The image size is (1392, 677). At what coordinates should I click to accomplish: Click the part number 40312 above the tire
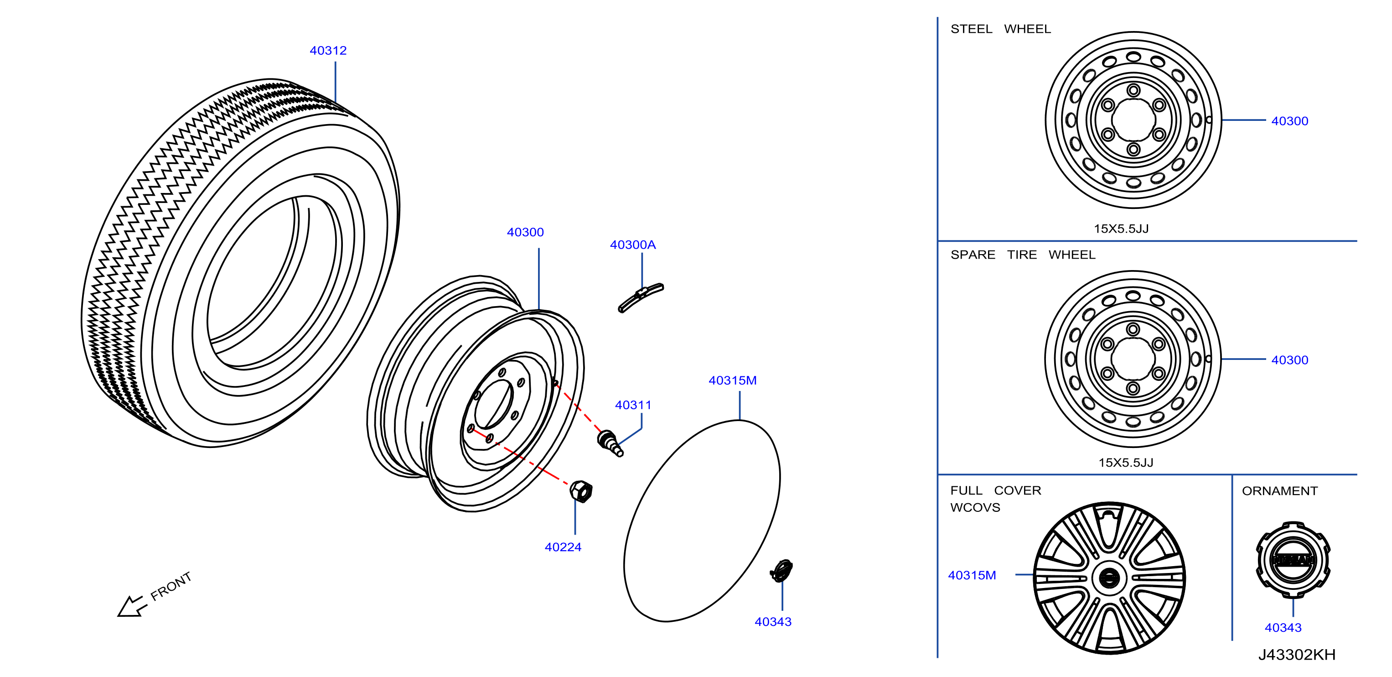click(x=328, y=50)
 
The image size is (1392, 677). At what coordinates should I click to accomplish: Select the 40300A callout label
click(x=633, y=245)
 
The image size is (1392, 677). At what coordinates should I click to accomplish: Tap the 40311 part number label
click(x=633, y=405)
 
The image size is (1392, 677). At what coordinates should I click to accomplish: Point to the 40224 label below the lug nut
click(x=563, y=547)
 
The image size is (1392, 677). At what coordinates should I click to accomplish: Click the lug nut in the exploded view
click(x=581, y=491)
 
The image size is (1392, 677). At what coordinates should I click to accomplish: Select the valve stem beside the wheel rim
click(x=610, y=443)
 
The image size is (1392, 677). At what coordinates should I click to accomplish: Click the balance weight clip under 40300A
click(x=641, y=297)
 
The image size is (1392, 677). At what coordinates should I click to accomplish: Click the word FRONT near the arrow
click(x=171, y=586)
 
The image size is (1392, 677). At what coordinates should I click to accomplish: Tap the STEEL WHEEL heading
click(x=1001, y=29)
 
